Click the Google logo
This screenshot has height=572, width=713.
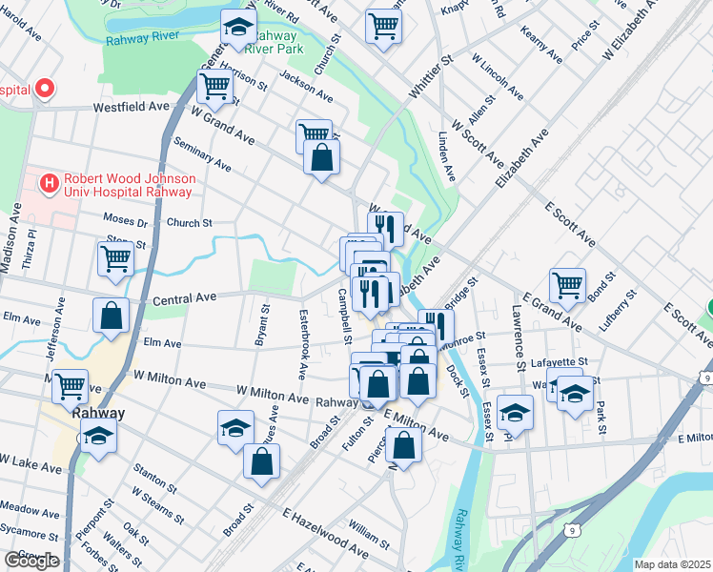[x=31, y=561]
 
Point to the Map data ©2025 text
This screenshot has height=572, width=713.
[x=672, y=564]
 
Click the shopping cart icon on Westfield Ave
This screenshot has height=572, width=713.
[x=215, y=86]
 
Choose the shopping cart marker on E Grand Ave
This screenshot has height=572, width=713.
[x=567, y=285]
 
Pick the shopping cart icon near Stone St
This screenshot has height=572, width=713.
[x=115, y=257]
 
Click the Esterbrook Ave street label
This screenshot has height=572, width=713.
[x=304, y=333]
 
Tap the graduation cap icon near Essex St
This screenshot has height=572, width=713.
[x=514, y=413]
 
